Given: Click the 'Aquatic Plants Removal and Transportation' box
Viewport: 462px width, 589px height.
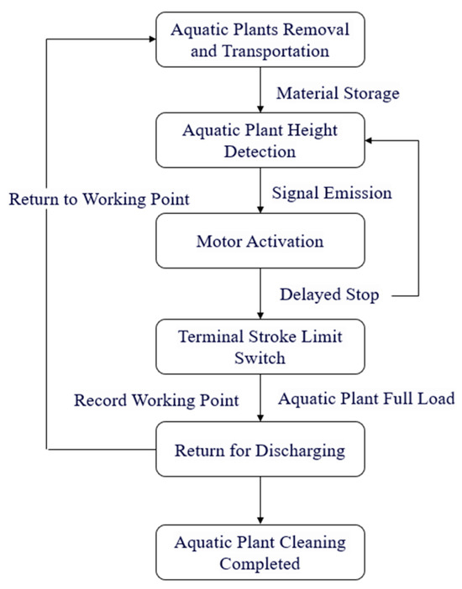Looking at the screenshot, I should tap(260, 39).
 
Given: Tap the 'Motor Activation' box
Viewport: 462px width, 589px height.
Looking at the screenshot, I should tap(260, 241).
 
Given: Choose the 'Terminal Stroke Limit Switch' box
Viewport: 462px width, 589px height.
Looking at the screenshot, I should tap(260, 346).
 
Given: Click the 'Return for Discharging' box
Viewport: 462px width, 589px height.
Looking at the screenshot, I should tap(260, 450).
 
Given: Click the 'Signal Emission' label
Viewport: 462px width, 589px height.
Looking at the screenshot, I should tap(332, 192).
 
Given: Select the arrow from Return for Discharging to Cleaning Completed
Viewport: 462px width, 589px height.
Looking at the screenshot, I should tap(260, 499).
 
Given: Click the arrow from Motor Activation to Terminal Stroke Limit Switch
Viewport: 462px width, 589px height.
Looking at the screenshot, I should tap(260, 294).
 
